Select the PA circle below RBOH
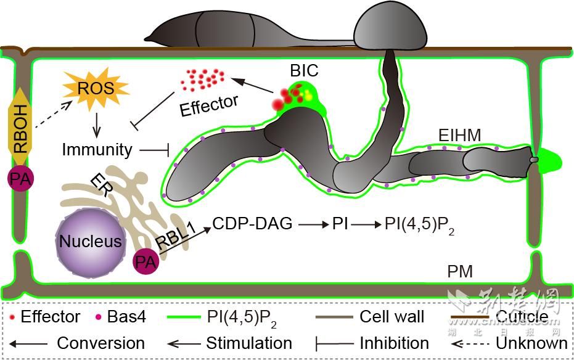(21, 178)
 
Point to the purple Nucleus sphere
(90, 241)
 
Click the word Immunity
(97, 149)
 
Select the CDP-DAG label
(252, 224)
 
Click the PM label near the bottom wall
(461, 272)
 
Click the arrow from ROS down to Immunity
(96, 125)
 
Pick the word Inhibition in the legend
(394, 343)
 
